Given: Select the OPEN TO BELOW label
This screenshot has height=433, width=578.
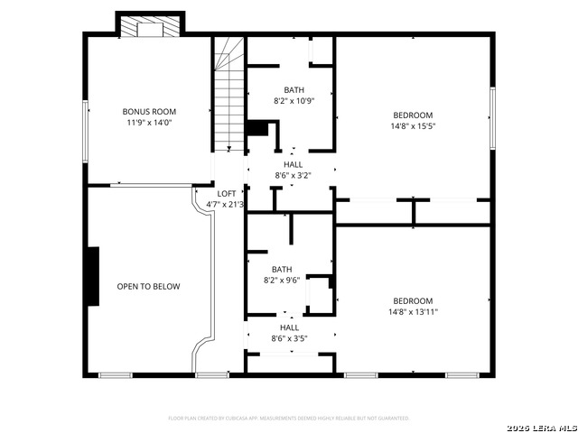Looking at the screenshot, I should pyautogui.click(x=148, y=287).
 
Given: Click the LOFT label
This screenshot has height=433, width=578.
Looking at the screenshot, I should pyautogui.click(x=227, y=194).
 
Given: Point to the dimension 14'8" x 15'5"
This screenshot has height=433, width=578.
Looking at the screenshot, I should pyautogui.click(x=413, y=127).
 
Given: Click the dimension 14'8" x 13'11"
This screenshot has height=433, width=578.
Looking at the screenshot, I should pyautogui.click(x=413, y=312).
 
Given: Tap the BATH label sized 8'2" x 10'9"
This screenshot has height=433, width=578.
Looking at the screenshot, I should pyautogui.click(x=294, y=90).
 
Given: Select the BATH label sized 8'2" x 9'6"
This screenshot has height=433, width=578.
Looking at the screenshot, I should pyautogui.click(x=282, y=270).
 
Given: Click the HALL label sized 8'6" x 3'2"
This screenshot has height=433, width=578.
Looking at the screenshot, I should pyautogui.click(x=294, y=165).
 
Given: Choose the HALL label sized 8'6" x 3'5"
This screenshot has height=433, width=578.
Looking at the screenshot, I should pyautogui.click(x=289, y=328).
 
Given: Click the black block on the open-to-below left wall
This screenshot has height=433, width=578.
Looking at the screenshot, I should pyautogui.click(x=91, y=276).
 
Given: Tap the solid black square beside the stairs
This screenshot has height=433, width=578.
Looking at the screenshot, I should pyautogui.click(x=258, y=128).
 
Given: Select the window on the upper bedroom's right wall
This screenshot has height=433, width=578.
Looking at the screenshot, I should pyautogui.click(x=492, y=118).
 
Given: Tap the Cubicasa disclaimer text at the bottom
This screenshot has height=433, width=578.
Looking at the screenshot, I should pyautogui.click(x=289, y=419).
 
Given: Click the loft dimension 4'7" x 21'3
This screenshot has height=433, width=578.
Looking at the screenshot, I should pyautogui.click(x=226, y=205).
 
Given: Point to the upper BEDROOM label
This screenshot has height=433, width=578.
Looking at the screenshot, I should pyautogui.click(x=413, y=115).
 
